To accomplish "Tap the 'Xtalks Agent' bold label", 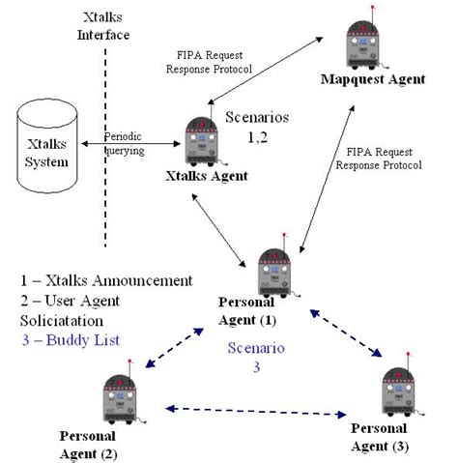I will pyautogui.click(x=206, y=177).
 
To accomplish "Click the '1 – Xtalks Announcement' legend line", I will pyautogui.click(x=105, y=281).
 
